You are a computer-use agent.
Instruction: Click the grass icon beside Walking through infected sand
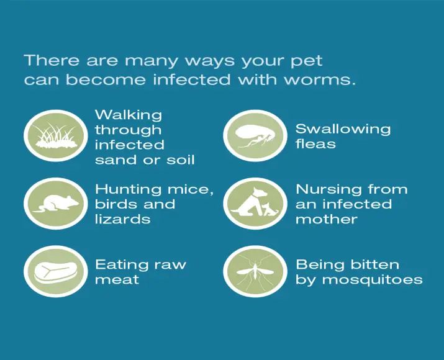point(56,136)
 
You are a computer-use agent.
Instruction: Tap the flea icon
point(255,136)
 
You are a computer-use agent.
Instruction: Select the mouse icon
point(56,204)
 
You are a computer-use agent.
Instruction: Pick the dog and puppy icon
point(255,204)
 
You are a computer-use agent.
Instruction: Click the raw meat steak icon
point(56,271)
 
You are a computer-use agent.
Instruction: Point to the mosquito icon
point(255,271)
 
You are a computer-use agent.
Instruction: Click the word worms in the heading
point(319,79)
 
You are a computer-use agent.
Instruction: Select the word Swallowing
point(343,129)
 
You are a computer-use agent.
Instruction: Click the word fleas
point(315,144)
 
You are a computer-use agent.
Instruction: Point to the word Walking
point(129,115)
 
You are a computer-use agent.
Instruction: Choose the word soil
point(180,160)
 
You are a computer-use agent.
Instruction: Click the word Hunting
point(128,190)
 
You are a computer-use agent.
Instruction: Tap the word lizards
point(122,219)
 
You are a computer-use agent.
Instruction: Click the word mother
point(327,219)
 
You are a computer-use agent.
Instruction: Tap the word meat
point(117,280)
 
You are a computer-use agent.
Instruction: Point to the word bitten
point(375,265)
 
